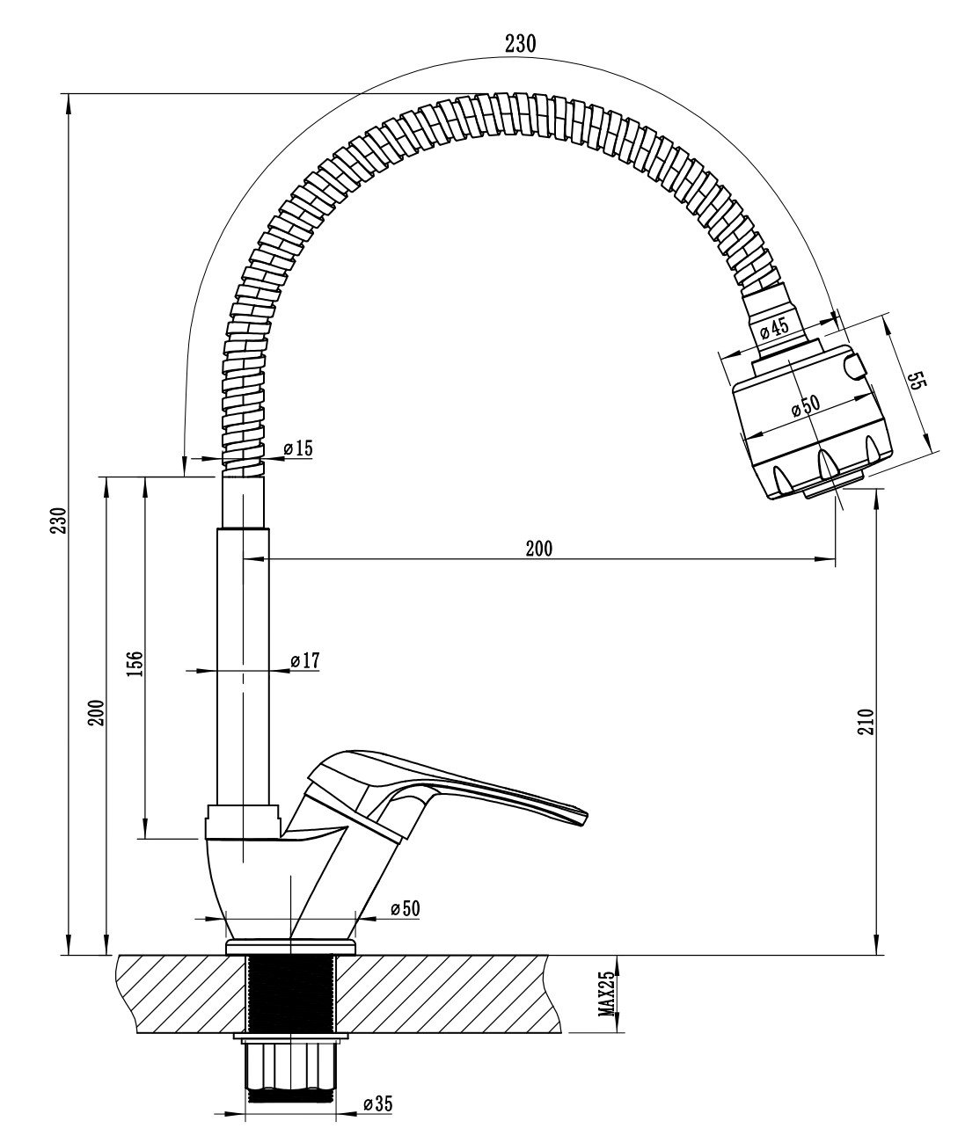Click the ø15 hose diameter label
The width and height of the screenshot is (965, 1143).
[x=298, y=448]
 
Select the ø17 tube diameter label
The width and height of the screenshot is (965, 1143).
[x=304, y=660]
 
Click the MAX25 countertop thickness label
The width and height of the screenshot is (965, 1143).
[x=606, y=994]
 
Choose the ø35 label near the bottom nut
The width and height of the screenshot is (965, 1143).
[x=377, y=1103]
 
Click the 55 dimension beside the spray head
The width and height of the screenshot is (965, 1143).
[x=916, y=381]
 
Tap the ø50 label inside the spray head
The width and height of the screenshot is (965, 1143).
[x=804, y=405]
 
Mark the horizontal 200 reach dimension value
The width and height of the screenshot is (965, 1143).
[x=538, y=549]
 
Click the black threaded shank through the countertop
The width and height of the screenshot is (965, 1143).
[x=290, y=994]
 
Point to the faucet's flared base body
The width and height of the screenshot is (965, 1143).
[x=255, y=888]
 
